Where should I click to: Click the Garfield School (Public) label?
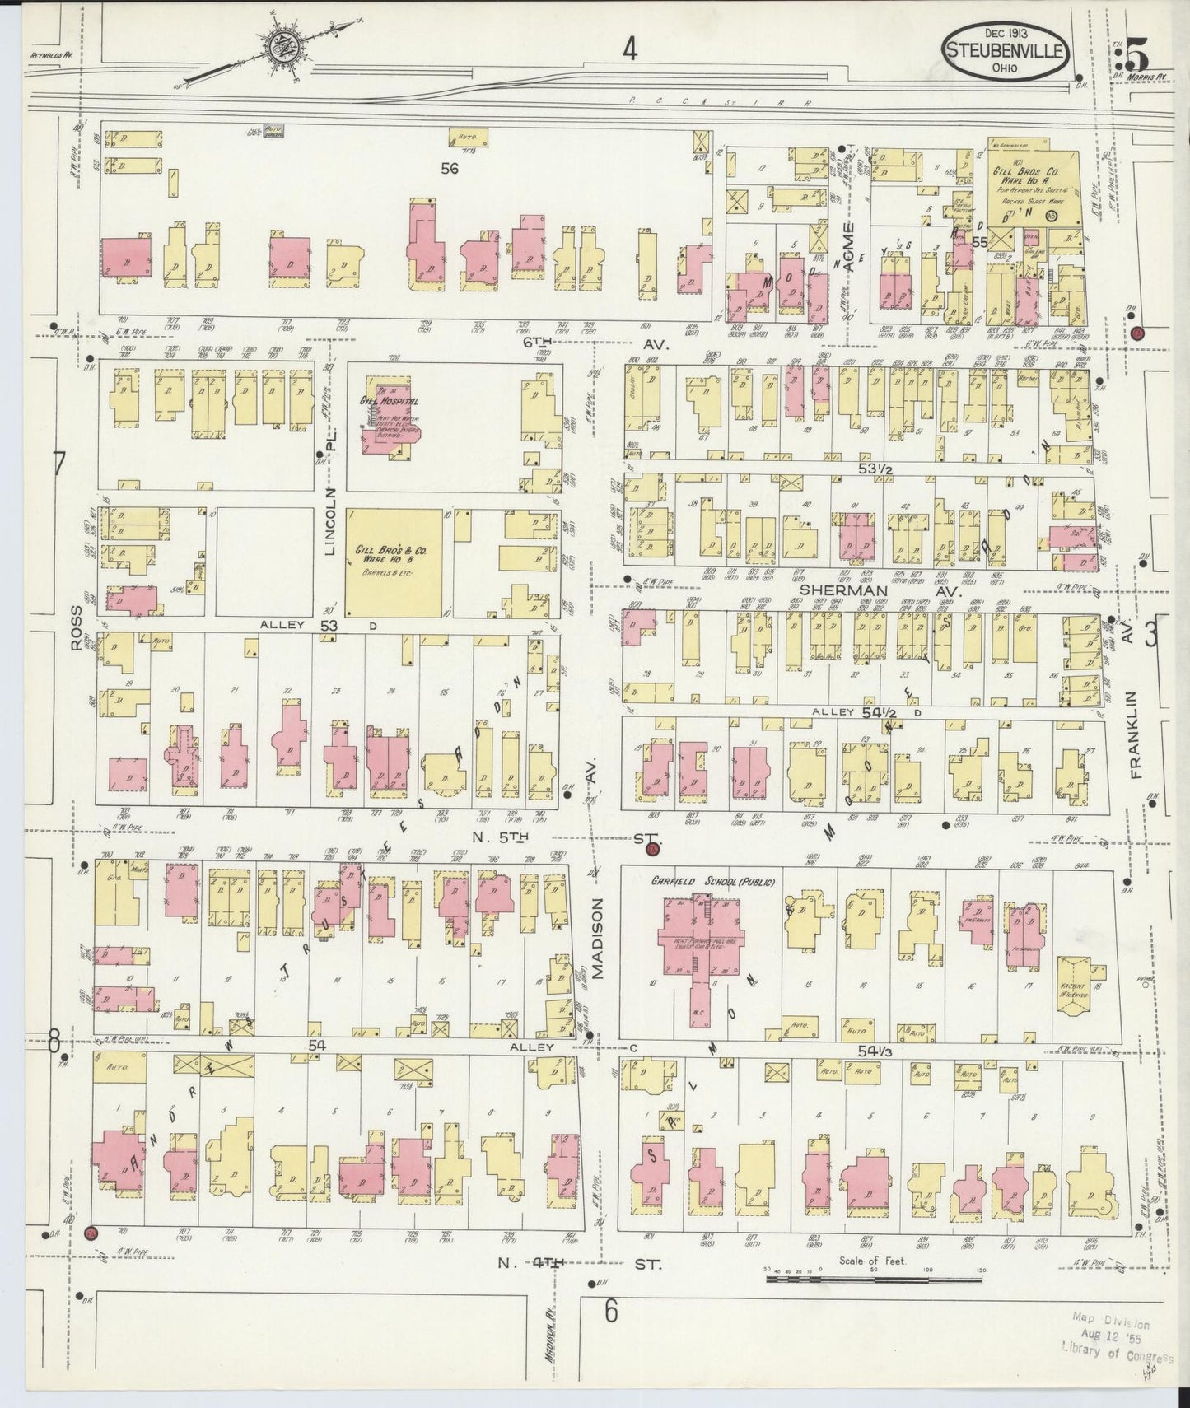[x=713, y=882]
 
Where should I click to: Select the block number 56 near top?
[x=449, y=168]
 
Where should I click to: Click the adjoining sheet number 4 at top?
[x=630, y=51]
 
